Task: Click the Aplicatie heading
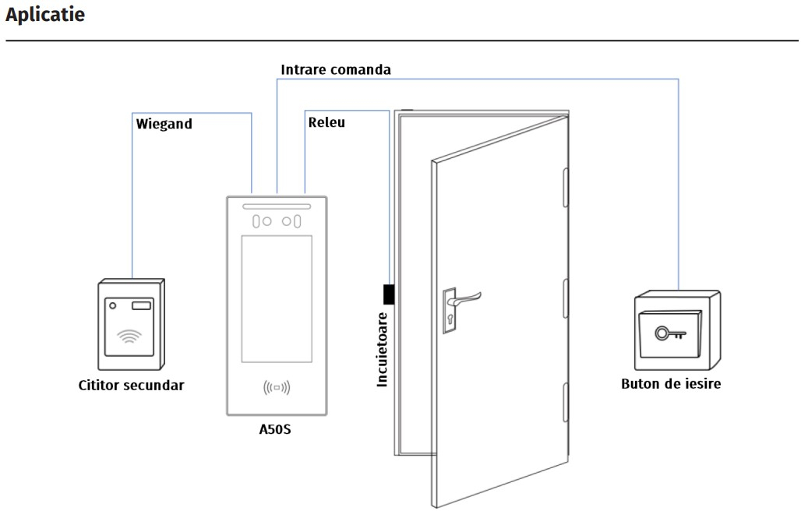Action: (x=45, y=15)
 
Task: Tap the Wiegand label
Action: (x=164, y=124)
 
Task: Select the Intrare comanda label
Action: (x=336, y=69)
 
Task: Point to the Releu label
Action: (x=326, y=122)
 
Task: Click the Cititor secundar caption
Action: (x=131, y=385)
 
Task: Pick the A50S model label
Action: (x=275, y=429)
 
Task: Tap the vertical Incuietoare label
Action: (x=382, y=350)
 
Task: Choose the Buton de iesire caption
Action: (x=671, y=384)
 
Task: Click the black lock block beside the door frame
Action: (x=389, y=294)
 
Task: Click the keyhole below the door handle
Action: (x=450, y=320)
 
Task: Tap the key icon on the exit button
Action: (x=670, y=333)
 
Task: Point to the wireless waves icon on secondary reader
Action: (x=129, y=336)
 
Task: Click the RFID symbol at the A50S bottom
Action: (x=277, y=388)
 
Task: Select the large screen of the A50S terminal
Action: (x=277, y=299)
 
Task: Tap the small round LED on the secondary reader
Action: (x=113, y=305)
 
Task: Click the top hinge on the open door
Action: (x=566, y=188)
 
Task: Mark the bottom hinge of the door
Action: (x=566, y=403)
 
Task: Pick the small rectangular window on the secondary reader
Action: (x=142, y=305)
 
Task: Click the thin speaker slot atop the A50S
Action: (x=277, y=207)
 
